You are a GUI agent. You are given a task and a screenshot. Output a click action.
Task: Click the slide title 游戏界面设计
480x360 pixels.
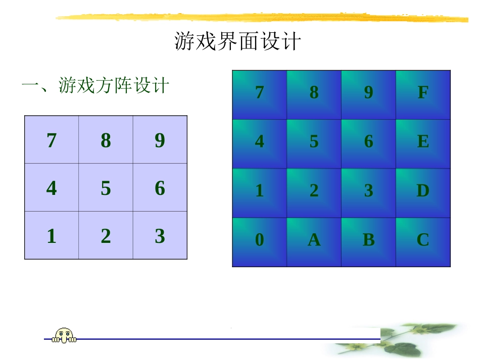pos(237,42)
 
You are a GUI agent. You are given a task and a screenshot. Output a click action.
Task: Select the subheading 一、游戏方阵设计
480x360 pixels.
pos(95,85)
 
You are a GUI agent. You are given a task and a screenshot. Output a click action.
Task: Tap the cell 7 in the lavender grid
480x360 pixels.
pos(52,140)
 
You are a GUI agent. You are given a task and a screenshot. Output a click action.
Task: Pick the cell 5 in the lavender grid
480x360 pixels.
pos(106,188)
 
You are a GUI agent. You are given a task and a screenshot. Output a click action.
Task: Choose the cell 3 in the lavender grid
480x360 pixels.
pos(160,236)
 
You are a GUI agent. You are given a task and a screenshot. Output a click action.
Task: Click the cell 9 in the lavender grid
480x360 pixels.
pos(160,140)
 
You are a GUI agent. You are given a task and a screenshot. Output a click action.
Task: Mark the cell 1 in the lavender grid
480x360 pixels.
pos(52,236)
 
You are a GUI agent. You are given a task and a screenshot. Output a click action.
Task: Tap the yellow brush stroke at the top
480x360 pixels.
pos(263,18)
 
